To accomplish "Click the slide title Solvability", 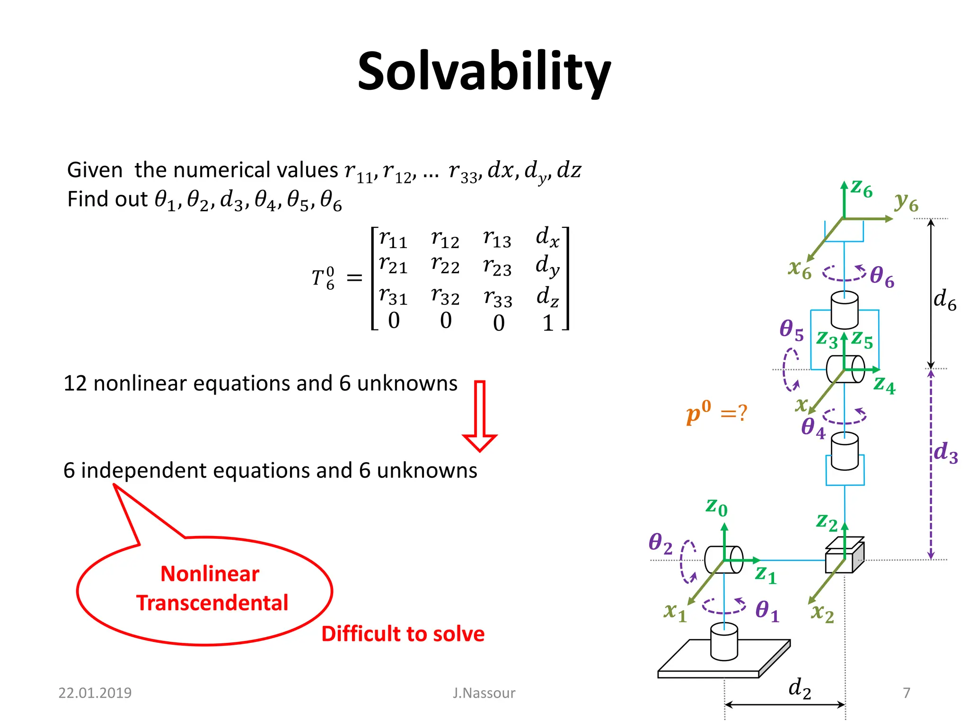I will pyautogui.click(x=484, y=72).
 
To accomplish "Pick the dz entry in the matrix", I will pyautogui.click(x=548, y=297).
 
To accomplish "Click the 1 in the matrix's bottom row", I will pyautogui.click(x=548, y=323).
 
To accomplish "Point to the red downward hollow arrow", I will pyautogui.click(x=479, y=415).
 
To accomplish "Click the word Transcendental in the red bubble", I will pyautogui.click(x=212, y=603).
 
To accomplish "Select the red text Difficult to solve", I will pyautogui.click(x=403, y=634).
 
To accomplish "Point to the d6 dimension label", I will pyautogui.click(x=944, y=300).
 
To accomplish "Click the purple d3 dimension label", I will pyautogui.click(x=945, y=453).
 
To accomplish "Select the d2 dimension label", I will pyautogui.click(x=800, y=688).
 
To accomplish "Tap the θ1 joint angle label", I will pyautogui.click(x=767, y=610).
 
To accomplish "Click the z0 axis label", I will pyautogui.click(x=716, y=507).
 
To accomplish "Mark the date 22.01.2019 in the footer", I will pyautogui.click(x=95, y=693).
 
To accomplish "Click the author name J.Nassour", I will pyautogui.click(x=484, y=693).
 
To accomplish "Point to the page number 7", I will pyautogui.click(x=906, y=693).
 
